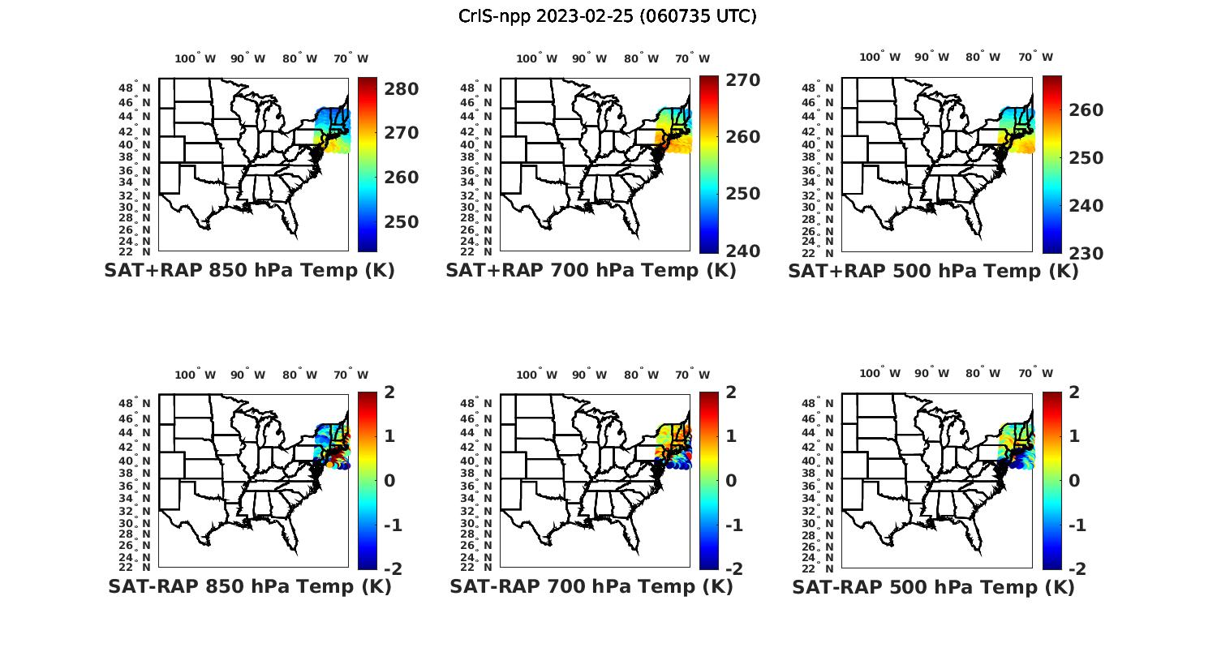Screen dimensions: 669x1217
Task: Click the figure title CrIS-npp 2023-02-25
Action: pos(607,16)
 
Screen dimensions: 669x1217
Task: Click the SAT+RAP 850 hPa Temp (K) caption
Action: pos(249,271)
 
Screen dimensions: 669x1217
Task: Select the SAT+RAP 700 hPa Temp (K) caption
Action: pos(591,271)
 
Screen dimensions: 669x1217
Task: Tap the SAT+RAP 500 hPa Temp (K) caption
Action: pos(933,272)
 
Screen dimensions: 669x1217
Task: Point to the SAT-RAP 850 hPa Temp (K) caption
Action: pos(249,587)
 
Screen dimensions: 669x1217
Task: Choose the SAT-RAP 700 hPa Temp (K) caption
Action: pos(591,587)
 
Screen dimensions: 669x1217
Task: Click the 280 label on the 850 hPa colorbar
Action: pos(400,88)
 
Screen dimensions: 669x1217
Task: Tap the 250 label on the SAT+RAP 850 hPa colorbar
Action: pos(400,222)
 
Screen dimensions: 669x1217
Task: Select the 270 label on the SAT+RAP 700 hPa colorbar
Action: pos(742,80)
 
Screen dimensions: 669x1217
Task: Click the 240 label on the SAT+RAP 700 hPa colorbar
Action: pos(742,251)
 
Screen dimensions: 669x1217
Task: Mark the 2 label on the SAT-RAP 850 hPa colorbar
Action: pos(389,392)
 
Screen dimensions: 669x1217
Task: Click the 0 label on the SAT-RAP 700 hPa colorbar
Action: pos(731,481)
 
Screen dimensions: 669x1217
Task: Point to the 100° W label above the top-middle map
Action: pos(536,58)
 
